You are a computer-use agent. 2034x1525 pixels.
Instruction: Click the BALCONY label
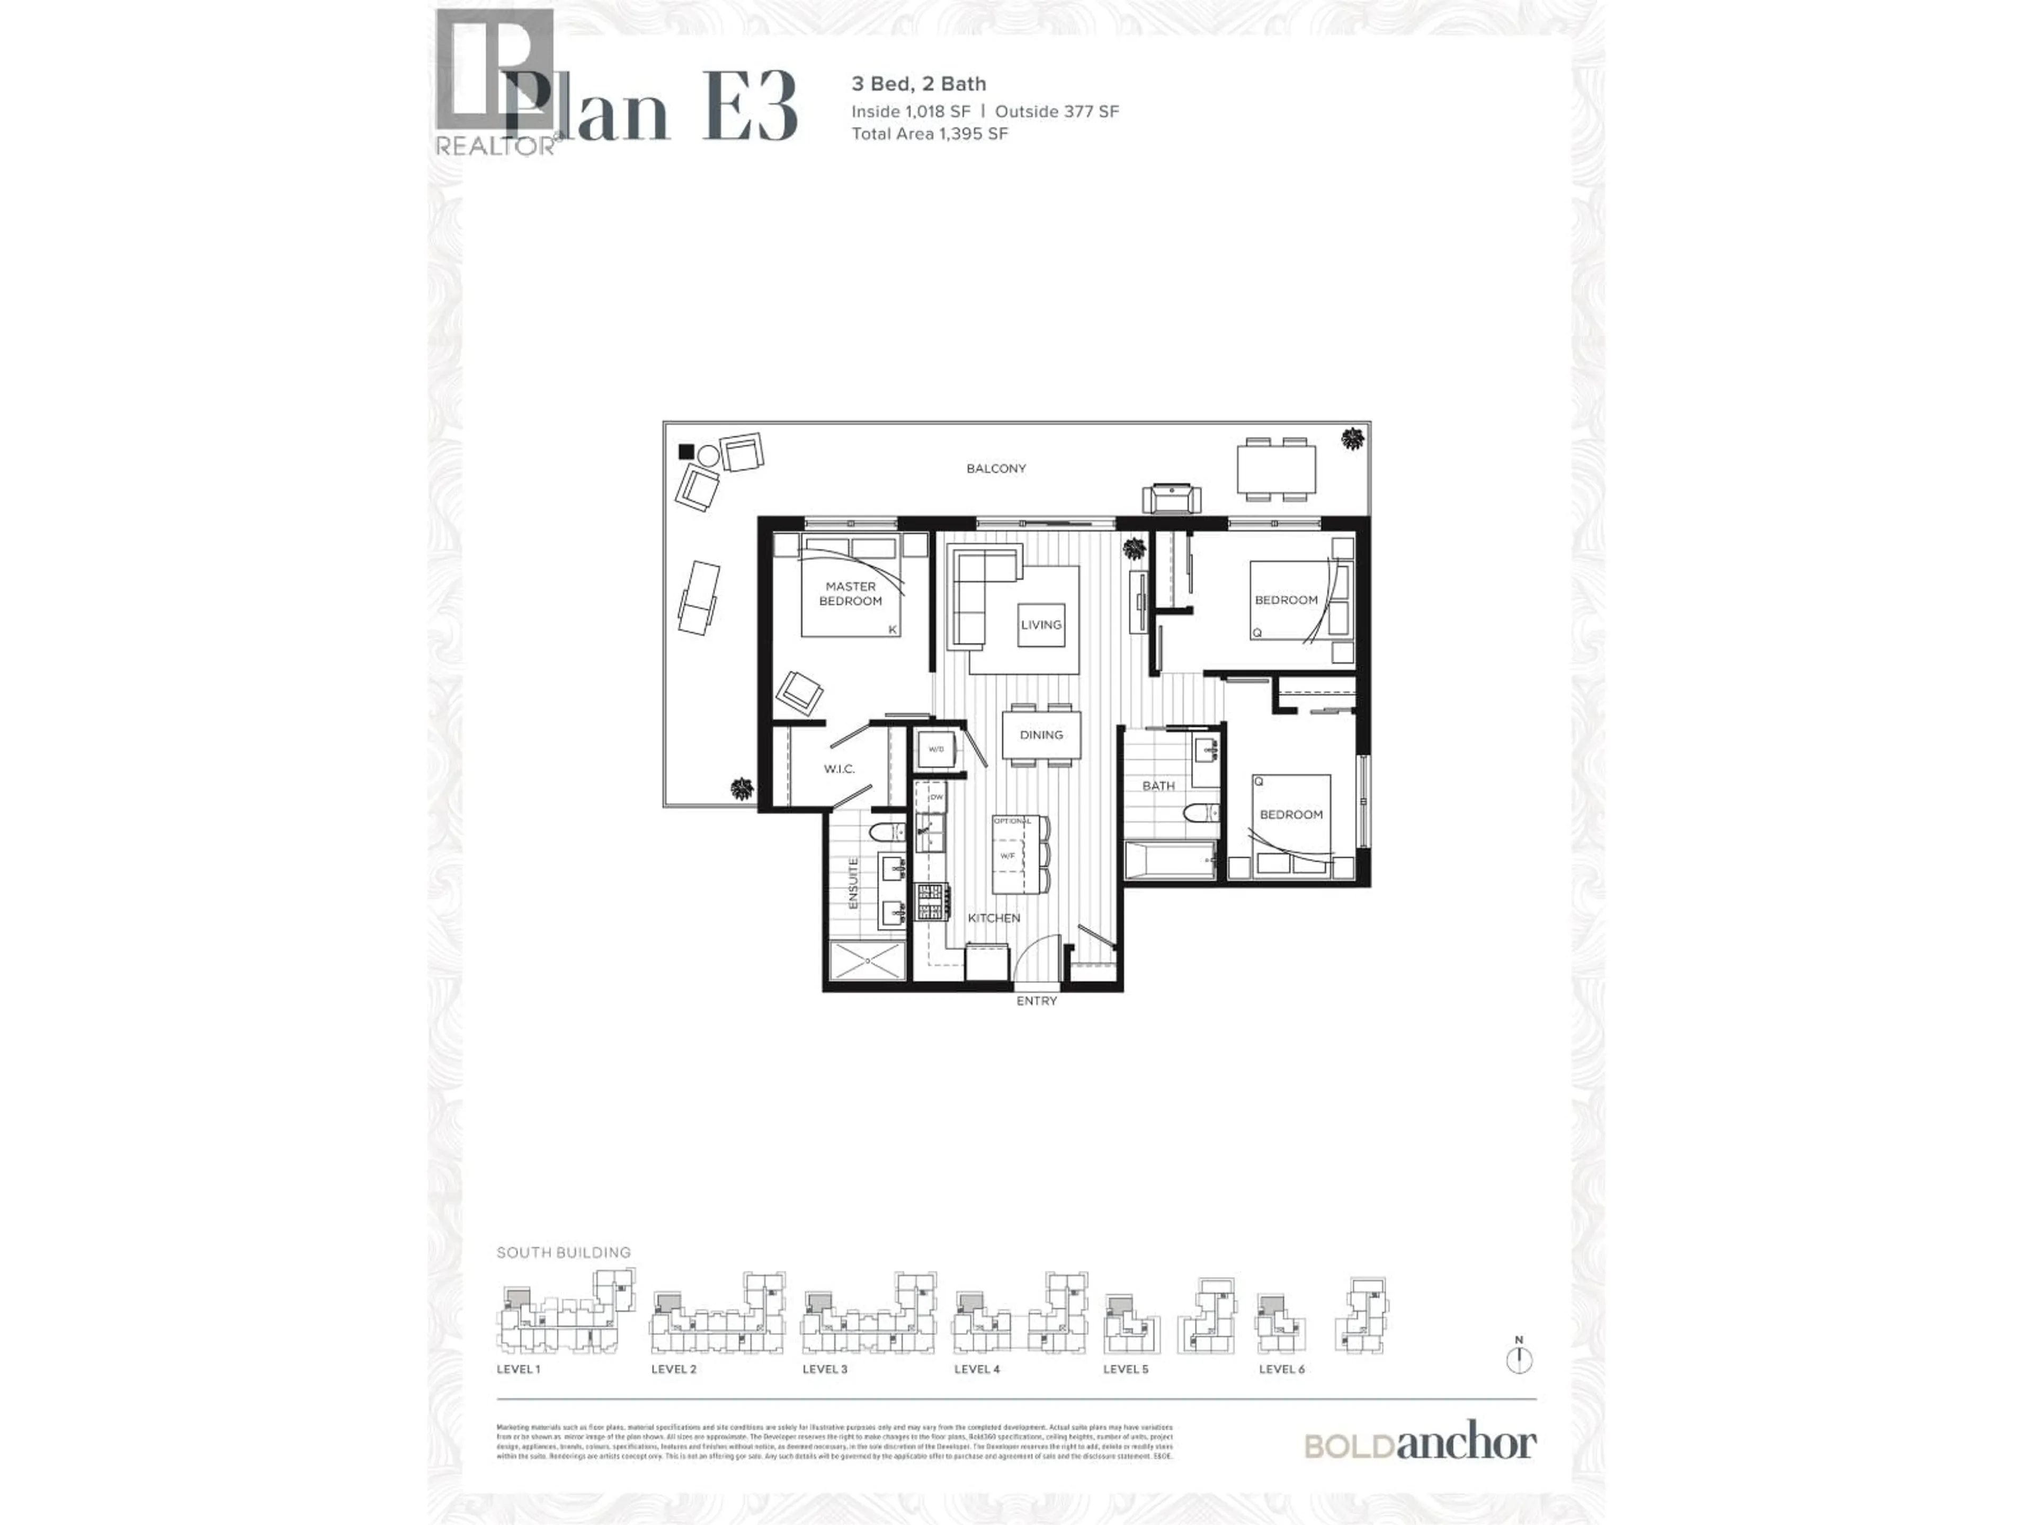coord(996,469)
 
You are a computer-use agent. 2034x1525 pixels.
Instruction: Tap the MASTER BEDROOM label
coord(851,594)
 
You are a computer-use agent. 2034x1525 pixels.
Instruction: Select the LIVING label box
coord(1041,625)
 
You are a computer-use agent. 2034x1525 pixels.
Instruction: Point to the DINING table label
coord(1041,734)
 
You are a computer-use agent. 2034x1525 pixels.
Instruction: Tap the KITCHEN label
coord(994,918)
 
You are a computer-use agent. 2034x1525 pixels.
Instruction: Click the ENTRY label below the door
coord(1036,1001)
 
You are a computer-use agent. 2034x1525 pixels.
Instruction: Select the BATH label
coord(1158,786)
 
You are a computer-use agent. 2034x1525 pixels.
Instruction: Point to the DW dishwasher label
coord(936,797)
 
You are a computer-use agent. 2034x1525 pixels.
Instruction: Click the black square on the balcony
coord(685,451)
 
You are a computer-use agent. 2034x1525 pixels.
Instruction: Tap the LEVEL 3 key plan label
coord(825,1369)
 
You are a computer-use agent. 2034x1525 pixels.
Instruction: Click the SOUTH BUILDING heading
coord(564,1252)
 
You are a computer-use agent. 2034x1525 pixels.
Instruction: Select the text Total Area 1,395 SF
coord(930,134)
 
